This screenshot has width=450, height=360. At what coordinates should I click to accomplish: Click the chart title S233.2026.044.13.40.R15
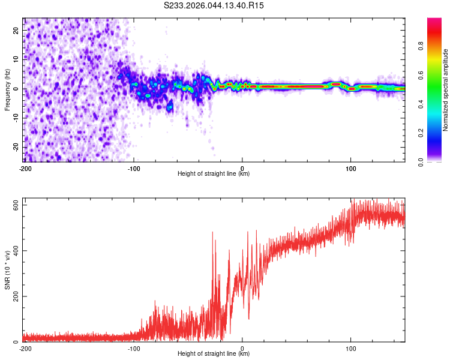[214, 5]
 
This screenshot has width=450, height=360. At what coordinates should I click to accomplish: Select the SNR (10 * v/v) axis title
[7, 270]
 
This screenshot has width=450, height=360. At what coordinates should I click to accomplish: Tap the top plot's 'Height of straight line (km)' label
[214, 173]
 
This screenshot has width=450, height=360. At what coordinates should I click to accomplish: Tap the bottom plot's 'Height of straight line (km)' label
[214, 353]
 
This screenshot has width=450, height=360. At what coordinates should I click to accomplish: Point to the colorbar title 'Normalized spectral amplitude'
[446, 90]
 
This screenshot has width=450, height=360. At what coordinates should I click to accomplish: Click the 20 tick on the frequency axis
[16, 31]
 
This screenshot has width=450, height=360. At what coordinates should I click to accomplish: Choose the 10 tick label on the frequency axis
[16, 60]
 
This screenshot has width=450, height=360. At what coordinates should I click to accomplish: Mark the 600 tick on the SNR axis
[16, 205]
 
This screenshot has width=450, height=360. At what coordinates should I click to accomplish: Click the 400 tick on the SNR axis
[16, 251]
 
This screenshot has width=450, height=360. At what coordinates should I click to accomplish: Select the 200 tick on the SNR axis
[16, 296]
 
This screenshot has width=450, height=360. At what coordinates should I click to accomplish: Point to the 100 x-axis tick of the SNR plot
[351, 347]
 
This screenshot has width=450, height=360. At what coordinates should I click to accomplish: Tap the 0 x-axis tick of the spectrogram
[242, 167]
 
